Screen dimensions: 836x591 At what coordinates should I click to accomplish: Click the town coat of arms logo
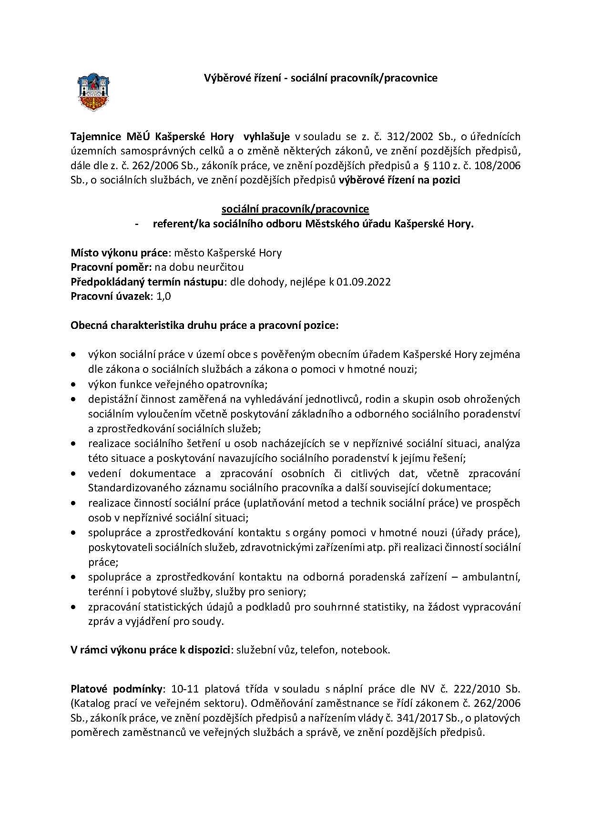pos(94,92)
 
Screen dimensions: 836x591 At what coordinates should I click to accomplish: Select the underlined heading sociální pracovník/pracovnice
pos(295,209)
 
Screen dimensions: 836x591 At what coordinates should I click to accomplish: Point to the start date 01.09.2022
pos(363,282)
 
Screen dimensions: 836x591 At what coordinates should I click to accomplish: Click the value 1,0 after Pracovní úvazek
pos(163,296)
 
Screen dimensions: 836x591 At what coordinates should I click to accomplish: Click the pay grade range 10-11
pos(185,689)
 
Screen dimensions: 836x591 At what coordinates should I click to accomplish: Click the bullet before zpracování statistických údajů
pos(73,607)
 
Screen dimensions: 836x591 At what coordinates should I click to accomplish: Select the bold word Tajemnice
pos(96,137)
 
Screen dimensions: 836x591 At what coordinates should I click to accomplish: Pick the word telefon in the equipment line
pos(317,650)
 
